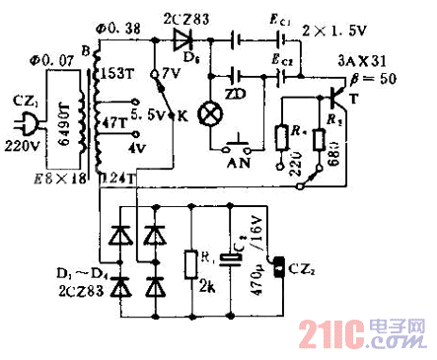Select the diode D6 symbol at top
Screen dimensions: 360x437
tap(182, 40)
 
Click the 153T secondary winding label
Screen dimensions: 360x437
tap(124, 74)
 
